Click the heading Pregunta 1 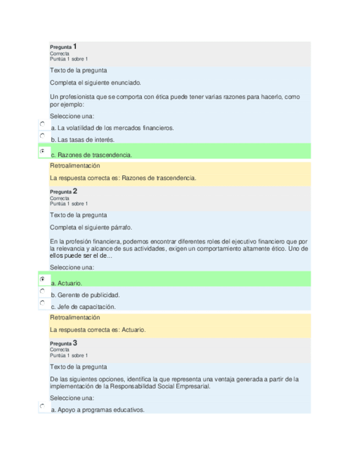tap(63, 47)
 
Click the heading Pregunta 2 tap(63, 191)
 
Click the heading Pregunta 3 tap(63, 343)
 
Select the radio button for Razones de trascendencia tap(42, 151)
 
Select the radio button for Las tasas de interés tap(42, 136)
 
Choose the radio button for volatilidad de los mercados tap(42, 124)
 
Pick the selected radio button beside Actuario tap(42, 279)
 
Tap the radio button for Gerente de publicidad tap(42, 291)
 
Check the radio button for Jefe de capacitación tap(42, 303)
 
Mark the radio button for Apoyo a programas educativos tap(42, 406)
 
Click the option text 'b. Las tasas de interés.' tap(82, 140)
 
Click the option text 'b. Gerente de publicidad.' tap(85, 295)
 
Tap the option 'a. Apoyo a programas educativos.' tap(97, 410)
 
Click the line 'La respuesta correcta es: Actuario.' tap(97, 330)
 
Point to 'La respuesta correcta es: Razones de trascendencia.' tap(123, 178)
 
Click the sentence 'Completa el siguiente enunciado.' tap(95, 82)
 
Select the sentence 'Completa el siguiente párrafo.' tap(91, 227)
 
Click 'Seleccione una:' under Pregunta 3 tap(72, 398)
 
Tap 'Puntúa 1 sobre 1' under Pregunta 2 tap(69, 203)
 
